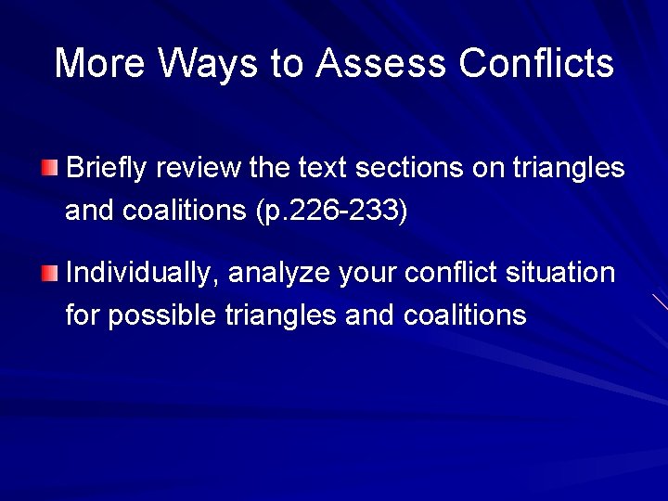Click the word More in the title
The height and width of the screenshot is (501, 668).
[99, 63]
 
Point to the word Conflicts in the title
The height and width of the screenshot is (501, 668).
[536, 63]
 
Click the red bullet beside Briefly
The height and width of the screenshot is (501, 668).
[49, 168]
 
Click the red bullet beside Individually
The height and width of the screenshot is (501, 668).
[49, 273]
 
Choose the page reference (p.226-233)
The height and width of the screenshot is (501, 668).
[330, 212]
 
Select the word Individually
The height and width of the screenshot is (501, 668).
[142, 274]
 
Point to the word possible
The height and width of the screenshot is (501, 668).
[163, 316]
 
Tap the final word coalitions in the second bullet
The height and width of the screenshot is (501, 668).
[465, 315]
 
